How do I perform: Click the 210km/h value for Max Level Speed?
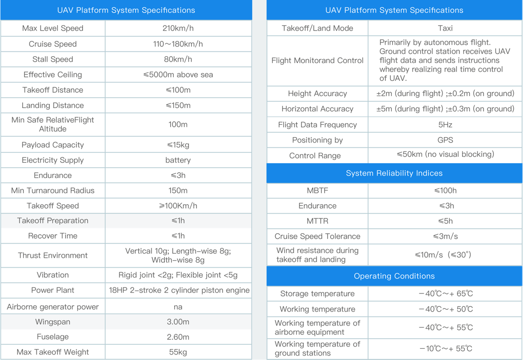pos(178,28)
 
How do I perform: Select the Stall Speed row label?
pos(53,59)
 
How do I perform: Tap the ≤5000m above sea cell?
pos(178,74)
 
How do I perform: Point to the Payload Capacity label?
pos(53,144)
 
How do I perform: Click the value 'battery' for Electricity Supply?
pos(178,160)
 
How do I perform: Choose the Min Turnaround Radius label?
pos(53,190)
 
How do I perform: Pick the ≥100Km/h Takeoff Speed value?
pos(178,206)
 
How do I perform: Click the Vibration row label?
pos(53,275)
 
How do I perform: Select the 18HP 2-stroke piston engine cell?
pos(179,290)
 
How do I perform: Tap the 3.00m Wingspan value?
pos(178,322)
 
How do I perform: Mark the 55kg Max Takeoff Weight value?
pos(178,352)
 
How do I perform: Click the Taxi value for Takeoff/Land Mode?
pos(445,28)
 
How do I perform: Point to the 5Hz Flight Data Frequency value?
pos(445,124)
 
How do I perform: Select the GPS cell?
pos(445,140)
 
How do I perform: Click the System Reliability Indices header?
pos(394,173)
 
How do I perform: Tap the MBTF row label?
pos(317,190)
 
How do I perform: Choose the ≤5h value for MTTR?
pos(445,221)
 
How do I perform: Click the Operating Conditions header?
pos(394,276)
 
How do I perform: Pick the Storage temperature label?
pos(317,293)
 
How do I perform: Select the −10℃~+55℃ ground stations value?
pos(445,349)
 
